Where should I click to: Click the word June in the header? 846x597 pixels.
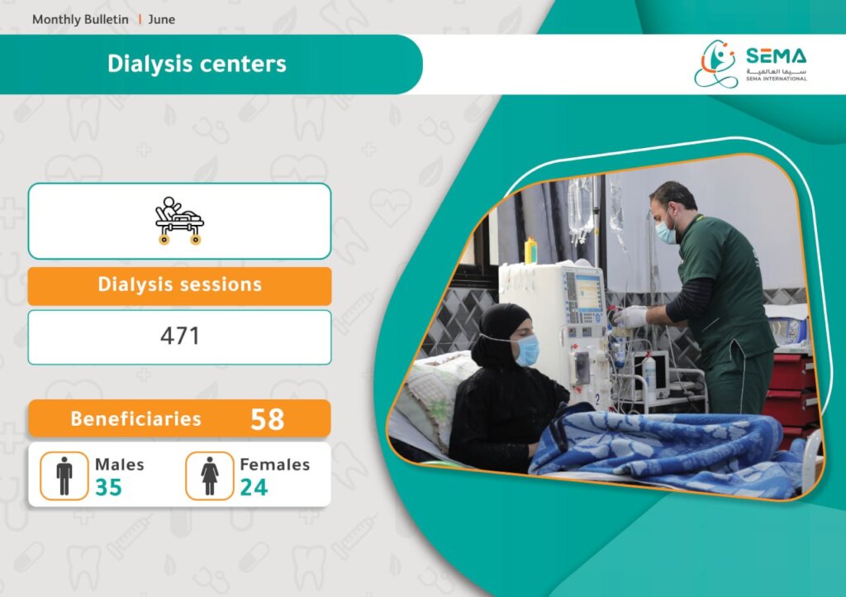pos(161,20)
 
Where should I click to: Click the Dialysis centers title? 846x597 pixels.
pos(197,64)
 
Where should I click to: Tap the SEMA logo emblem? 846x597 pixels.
pos(715,64)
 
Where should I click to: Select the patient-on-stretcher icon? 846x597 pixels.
pos(179,220)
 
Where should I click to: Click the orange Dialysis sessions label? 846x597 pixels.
pos(179,285)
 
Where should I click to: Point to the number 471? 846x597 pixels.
pos(179,336)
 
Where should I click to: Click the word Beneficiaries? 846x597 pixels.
pos(136,419)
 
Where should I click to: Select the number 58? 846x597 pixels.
pos(268,419)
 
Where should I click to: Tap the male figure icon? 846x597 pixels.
pos(64,475)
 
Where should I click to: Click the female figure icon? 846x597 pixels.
pos(209,475)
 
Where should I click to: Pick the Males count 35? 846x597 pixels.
pos(108,487)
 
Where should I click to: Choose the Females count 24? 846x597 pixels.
pos(254,487)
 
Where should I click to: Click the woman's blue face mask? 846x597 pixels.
pos(526,350)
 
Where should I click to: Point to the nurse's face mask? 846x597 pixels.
pos(665,232)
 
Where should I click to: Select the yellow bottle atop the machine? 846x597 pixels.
pos(530,251)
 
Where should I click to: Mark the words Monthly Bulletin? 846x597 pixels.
pos(80,20)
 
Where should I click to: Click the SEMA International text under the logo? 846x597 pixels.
pos(777,79)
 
